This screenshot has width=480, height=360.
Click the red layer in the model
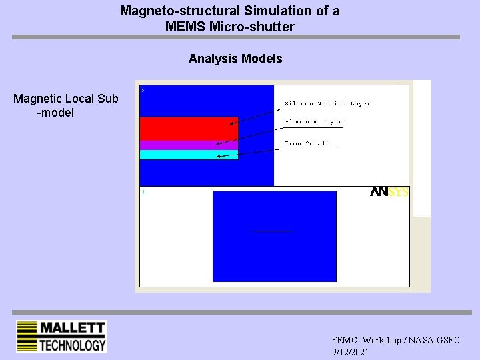(x=189, y=128)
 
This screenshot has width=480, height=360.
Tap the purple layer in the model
(x=189, y=145)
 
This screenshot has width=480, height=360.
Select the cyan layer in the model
(x=189, y=155)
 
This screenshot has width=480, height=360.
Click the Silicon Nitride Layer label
(x=327, y=103)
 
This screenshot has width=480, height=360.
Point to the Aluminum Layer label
(x=313, y=123)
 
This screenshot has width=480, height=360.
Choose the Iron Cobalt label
(x=307, y=143)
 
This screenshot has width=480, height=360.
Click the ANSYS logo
(x=389, y=192)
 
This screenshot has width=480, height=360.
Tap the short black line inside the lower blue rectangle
(x=272, y=231)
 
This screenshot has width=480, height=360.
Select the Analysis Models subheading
(x=235, y=59)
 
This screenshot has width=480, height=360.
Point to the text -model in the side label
(x=55, y=113)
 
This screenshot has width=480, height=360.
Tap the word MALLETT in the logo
(x=72, y=328)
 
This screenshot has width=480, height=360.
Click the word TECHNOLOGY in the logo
(x=72, y=345)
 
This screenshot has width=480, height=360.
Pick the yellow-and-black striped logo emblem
(x=27, y=336)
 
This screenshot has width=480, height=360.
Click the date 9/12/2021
(x=349, y=351)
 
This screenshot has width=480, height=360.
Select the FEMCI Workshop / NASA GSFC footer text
(x=395, y=340)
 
